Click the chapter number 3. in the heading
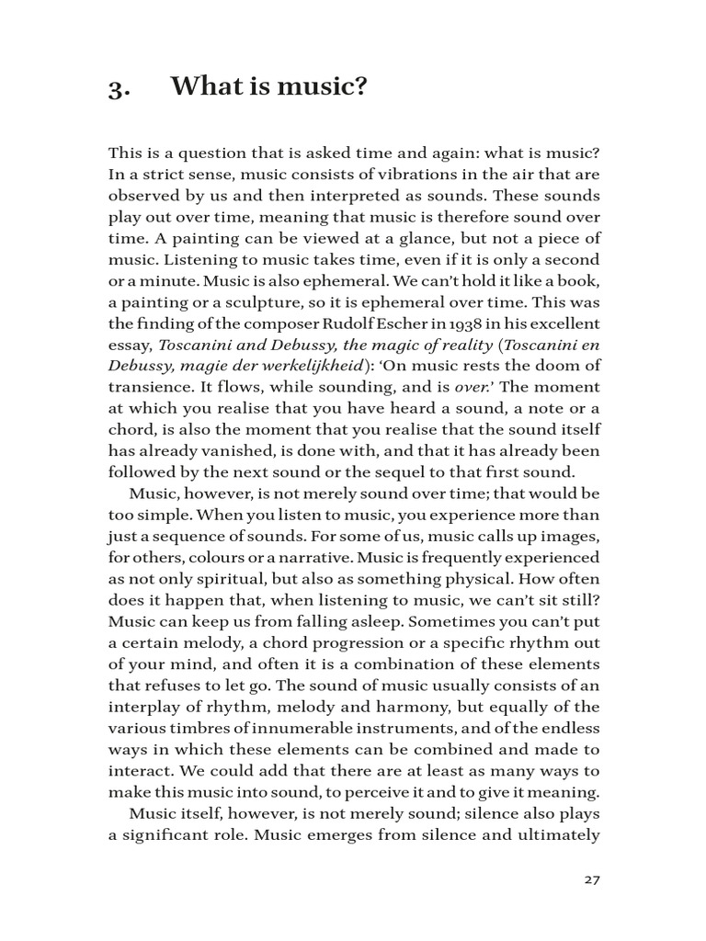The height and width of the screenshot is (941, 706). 120,89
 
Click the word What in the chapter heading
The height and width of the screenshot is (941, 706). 204,88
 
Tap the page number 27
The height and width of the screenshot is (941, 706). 592,879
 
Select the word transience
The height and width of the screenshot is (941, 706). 151,387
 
